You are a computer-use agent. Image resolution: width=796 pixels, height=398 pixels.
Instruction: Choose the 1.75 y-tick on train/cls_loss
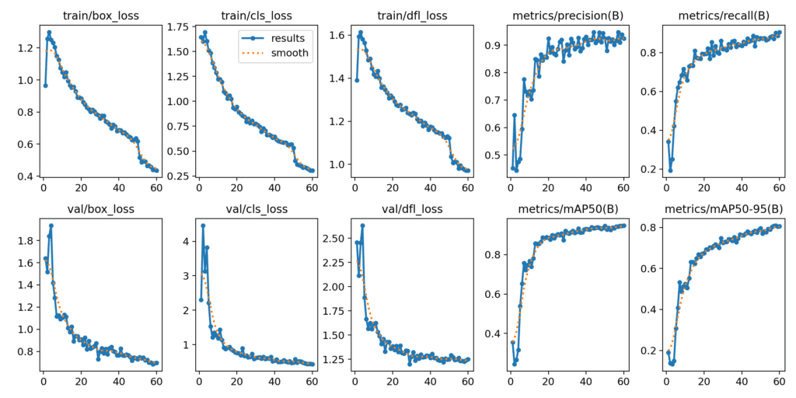pyautogui.click(x=177, y=26)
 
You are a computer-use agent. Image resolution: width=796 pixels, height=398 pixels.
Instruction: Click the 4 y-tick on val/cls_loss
pyautogui.click(x=186, y=241)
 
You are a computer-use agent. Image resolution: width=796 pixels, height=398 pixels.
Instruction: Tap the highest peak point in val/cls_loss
pyautogui.click(x=203, y=225)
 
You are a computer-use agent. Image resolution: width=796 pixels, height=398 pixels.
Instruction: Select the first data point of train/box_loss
pyautogui.click(x=45, y=86)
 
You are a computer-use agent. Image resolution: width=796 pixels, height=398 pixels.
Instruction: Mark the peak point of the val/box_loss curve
pyautogui.click(x=51, y=225)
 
